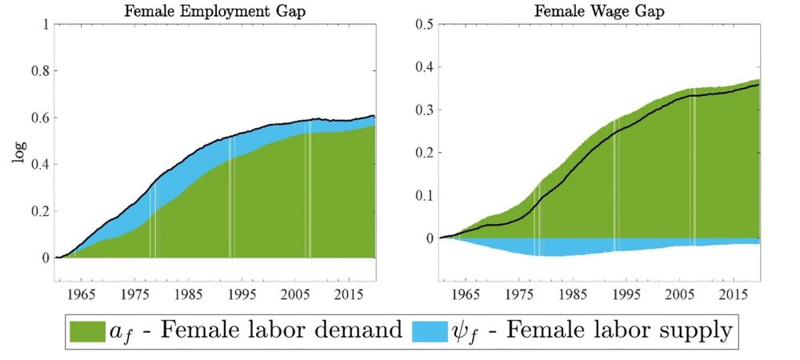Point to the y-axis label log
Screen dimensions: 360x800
point(19,152)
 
